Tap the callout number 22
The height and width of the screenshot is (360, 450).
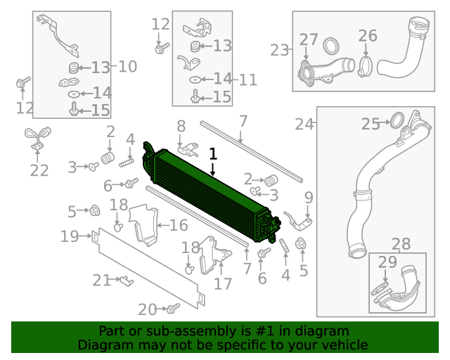[39, 170]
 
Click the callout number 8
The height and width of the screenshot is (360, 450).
[181, 126]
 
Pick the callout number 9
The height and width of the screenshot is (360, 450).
[308, 196]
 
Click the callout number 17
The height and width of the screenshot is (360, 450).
[222, 284]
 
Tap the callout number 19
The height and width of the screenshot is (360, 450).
[70, 236]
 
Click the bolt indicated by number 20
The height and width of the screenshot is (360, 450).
[173, 307]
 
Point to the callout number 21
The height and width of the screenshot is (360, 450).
[102, 281]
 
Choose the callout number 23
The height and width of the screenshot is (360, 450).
[280, 50]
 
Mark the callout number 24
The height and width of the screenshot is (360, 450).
[304, 124]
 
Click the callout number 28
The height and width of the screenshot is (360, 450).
[401, 244]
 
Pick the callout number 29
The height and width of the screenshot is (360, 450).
[387, 262]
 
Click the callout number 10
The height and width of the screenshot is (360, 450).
[127, 67]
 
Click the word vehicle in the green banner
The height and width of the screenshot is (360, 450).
[344, 345]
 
